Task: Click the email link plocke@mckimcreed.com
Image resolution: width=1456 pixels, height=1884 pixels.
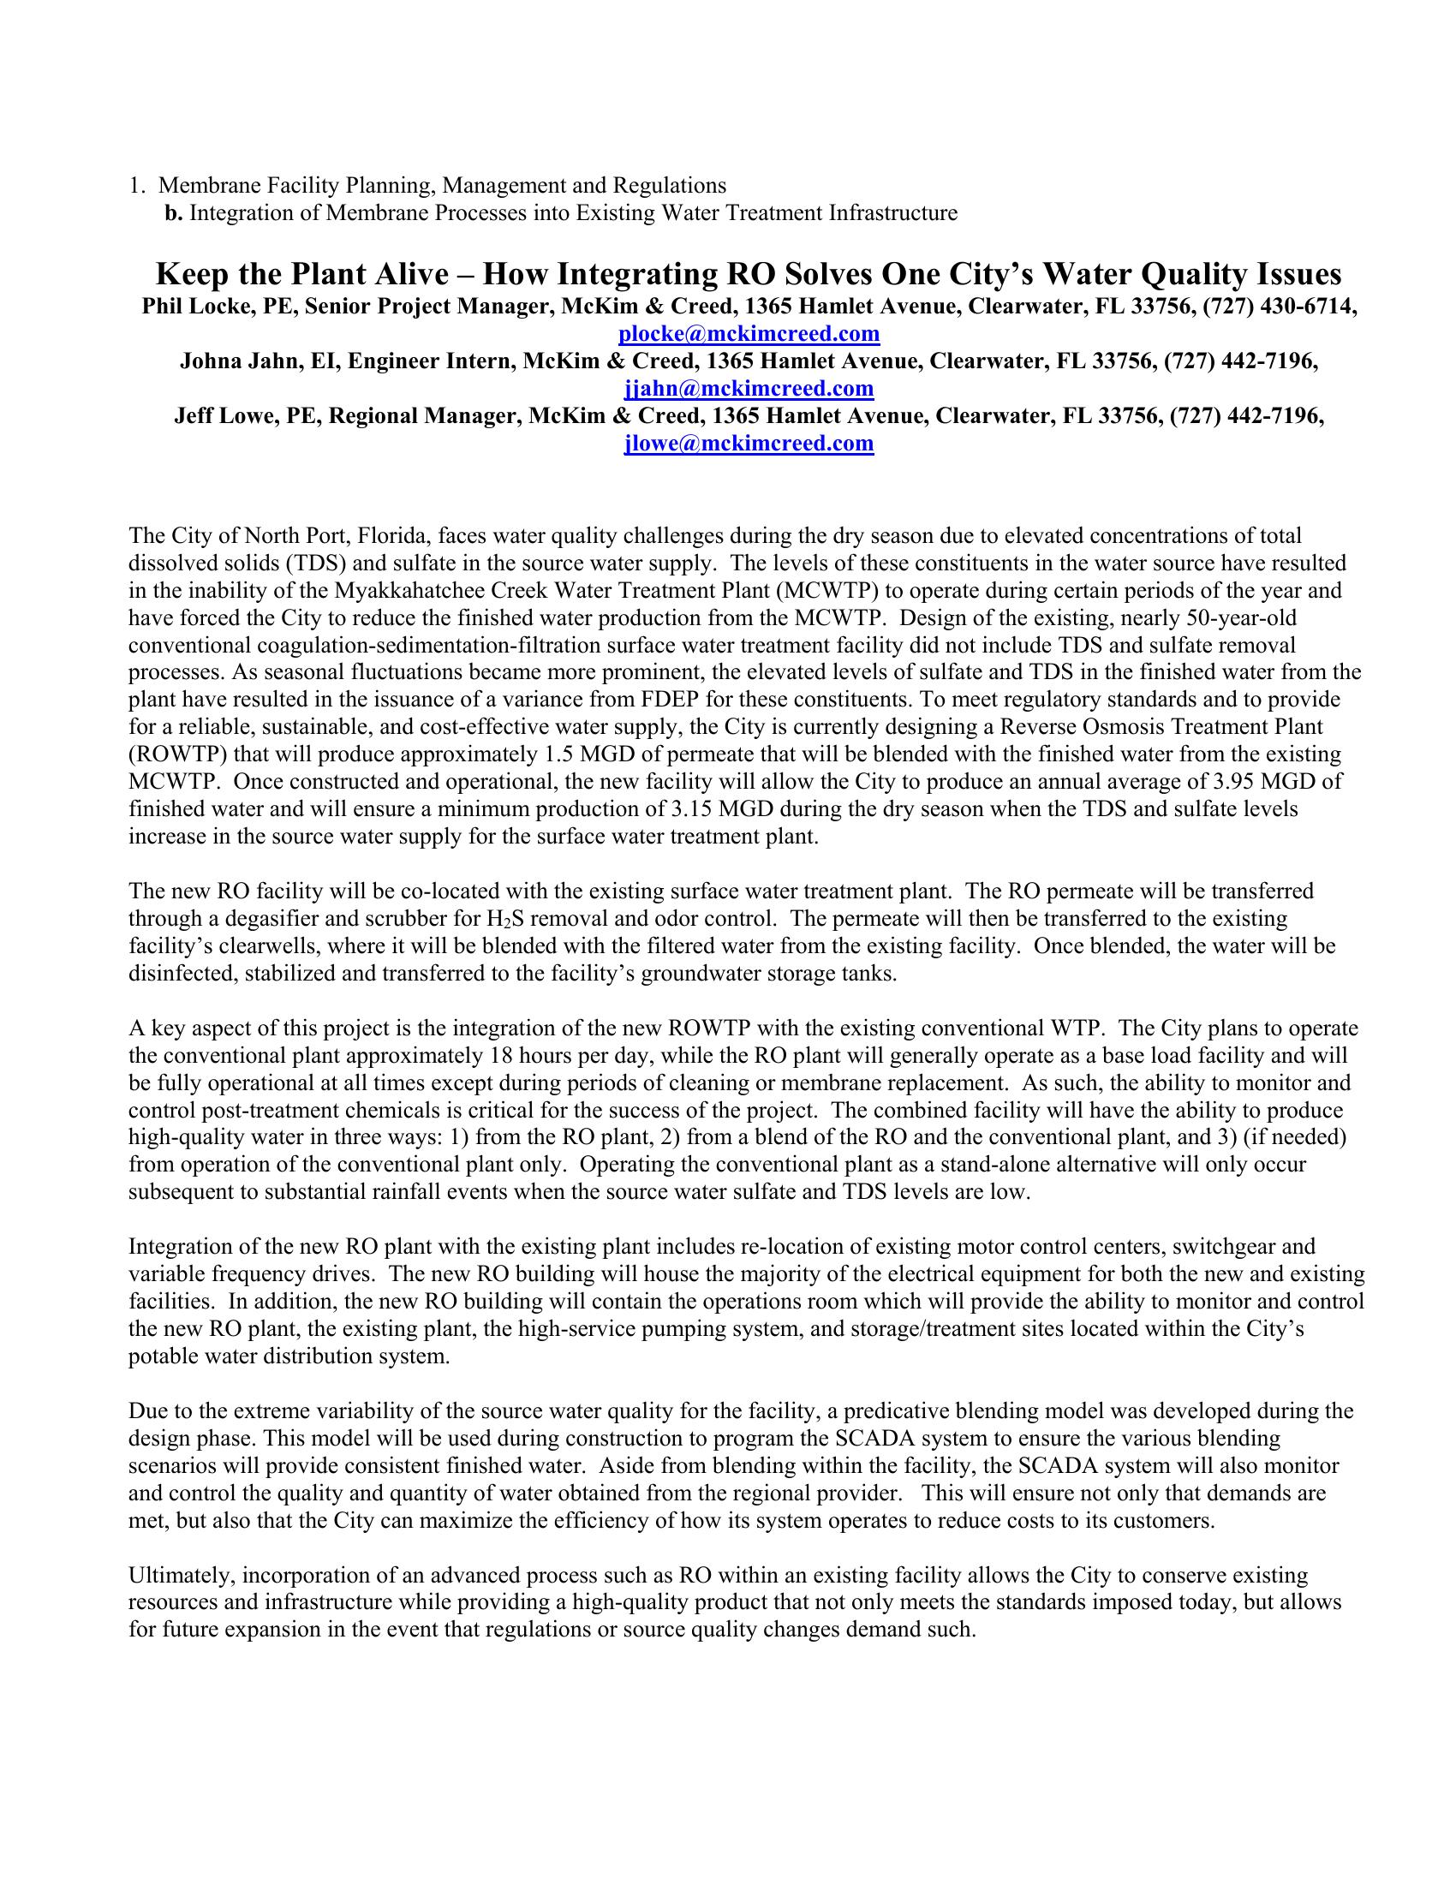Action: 749,334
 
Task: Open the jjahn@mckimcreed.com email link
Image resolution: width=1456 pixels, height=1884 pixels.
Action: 749,389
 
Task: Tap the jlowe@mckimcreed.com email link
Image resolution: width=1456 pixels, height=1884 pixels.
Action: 749,444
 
